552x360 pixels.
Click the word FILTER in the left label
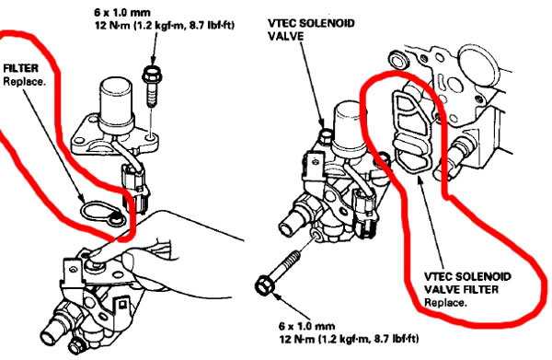[21, 68]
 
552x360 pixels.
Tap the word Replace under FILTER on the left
[24, 82]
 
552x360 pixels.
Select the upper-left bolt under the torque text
[151, 86]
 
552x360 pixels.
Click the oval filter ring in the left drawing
[103, 213]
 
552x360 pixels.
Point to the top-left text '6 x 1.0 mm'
[122, 13]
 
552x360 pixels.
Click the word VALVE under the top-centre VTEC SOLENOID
[285, 36]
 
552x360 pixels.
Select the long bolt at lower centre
[278, 272]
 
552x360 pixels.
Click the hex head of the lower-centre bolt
[264, 285]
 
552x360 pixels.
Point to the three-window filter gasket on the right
[411, 131]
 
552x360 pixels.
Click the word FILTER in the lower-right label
[481, 289]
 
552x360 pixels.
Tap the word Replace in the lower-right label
[445, 303]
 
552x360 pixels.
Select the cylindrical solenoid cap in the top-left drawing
[116, 101]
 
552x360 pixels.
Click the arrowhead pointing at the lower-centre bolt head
[276, 296]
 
